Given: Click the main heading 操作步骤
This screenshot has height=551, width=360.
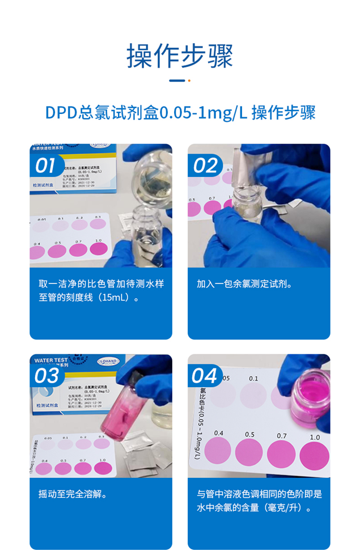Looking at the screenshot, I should [x=180, y=56].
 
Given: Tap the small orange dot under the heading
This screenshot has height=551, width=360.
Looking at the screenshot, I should [x=189, y=80].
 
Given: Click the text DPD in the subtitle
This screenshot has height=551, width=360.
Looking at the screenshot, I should [x=61, y=112].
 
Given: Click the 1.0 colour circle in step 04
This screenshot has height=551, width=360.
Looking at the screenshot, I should [x=314, y=455].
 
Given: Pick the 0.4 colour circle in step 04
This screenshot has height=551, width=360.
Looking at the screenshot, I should [x=218, y=452].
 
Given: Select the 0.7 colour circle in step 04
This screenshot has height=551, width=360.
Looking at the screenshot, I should [x=281, y=454].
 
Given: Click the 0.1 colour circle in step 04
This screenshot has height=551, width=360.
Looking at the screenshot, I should [x=253, y=395].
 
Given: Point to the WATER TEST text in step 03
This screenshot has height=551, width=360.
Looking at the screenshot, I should [x=52, y=360].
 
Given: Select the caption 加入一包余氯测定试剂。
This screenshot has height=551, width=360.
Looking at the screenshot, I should [x=245, y=284].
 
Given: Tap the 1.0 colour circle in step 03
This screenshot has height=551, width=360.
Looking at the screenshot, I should [x=103, y=468].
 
